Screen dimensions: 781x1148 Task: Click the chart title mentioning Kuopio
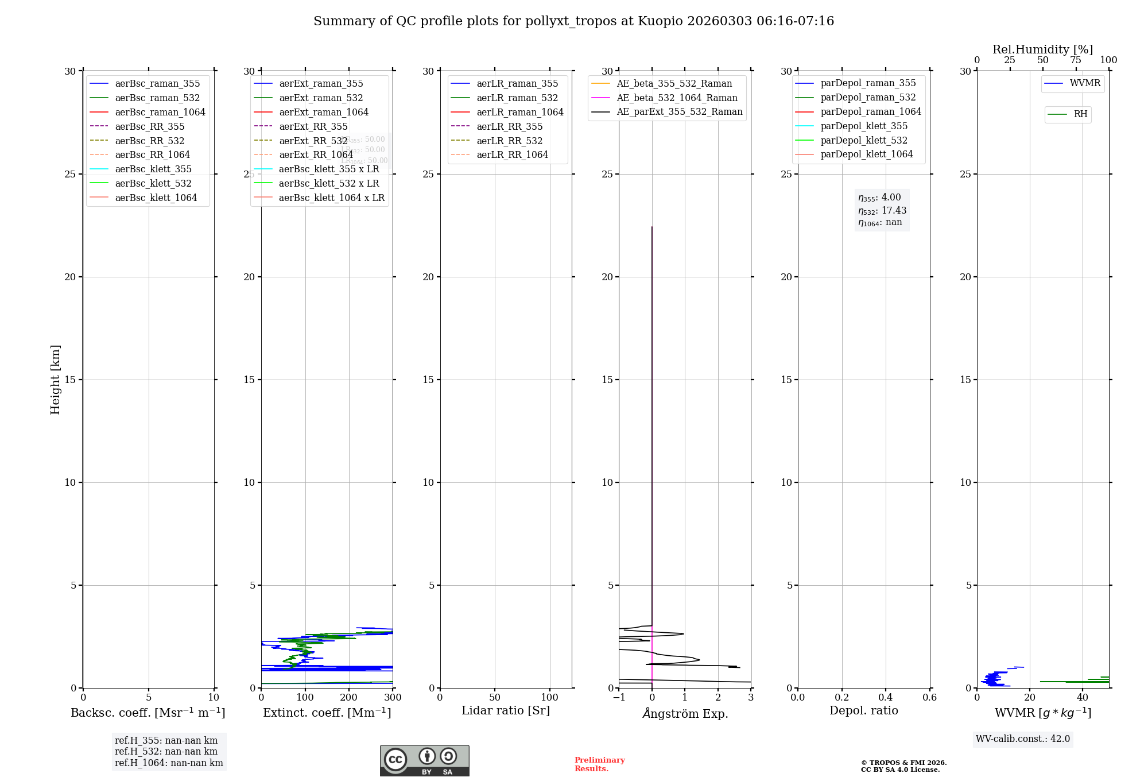tap(573, 21)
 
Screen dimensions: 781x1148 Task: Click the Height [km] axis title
tap(55, 379)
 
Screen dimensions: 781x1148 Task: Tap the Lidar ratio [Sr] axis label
tap(506, 710)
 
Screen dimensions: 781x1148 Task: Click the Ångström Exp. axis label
tap(685, 713)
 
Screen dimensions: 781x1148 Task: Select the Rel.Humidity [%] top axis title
tap(1042, 49)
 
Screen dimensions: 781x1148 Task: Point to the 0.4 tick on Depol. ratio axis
tap(886, 697)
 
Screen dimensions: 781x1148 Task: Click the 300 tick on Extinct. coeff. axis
tap(393, 697)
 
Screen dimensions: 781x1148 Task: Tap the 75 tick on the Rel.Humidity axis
tap(1076, 60)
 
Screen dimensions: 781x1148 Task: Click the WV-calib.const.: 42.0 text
tap(1023, 739)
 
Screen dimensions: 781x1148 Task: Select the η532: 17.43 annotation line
tap(882, 211)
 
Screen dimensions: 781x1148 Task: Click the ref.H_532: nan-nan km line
tap(166, 752)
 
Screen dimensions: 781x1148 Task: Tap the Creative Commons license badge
tap(424, 760)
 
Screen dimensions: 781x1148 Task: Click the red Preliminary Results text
tap(599, 764)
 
